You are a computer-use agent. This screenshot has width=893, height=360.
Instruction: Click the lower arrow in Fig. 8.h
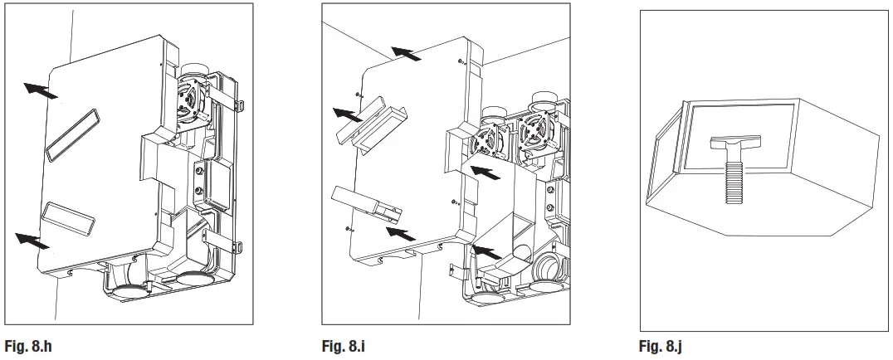34,240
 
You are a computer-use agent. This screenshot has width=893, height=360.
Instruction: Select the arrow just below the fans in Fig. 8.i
486,173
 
